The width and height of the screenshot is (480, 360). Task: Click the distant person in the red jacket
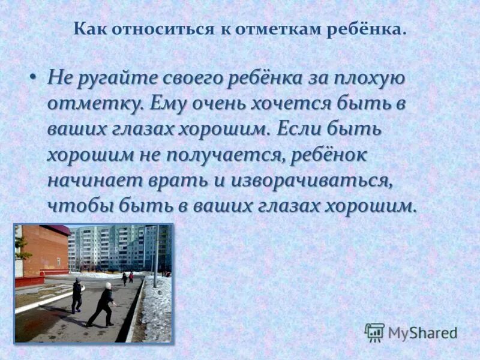click(x=131, y=277)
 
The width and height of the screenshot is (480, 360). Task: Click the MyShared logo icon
click(x=374, y=332)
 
